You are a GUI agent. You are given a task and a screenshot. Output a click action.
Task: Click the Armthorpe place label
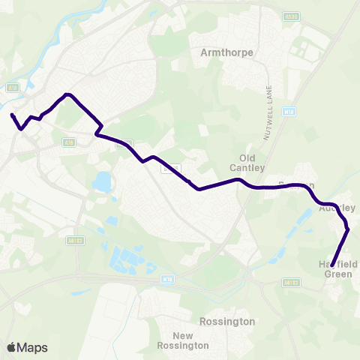tap(228, 52)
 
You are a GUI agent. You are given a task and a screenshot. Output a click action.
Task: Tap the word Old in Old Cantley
tap(247, 157)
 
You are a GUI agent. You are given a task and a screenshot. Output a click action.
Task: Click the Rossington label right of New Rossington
tap(228, 321)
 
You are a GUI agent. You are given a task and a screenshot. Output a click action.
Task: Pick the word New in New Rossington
tap(183, 335)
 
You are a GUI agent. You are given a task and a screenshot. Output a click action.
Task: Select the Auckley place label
tap(336, 208)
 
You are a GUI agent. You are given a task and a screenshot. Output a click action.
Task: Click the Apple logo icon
tap(11, 347)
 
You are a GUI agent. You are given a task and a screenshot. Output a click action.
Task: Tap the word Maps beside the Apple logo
tap(32, 347)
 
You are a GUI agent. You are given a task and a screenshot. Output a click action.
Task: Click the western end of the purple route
tap(12, 115)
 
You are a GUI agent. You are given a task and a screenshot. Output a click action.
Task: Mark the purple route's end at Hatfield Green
tap(332, 265)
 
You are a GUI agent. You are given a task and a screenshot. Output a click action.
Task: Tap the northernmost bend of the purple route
tap(68, 94)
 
